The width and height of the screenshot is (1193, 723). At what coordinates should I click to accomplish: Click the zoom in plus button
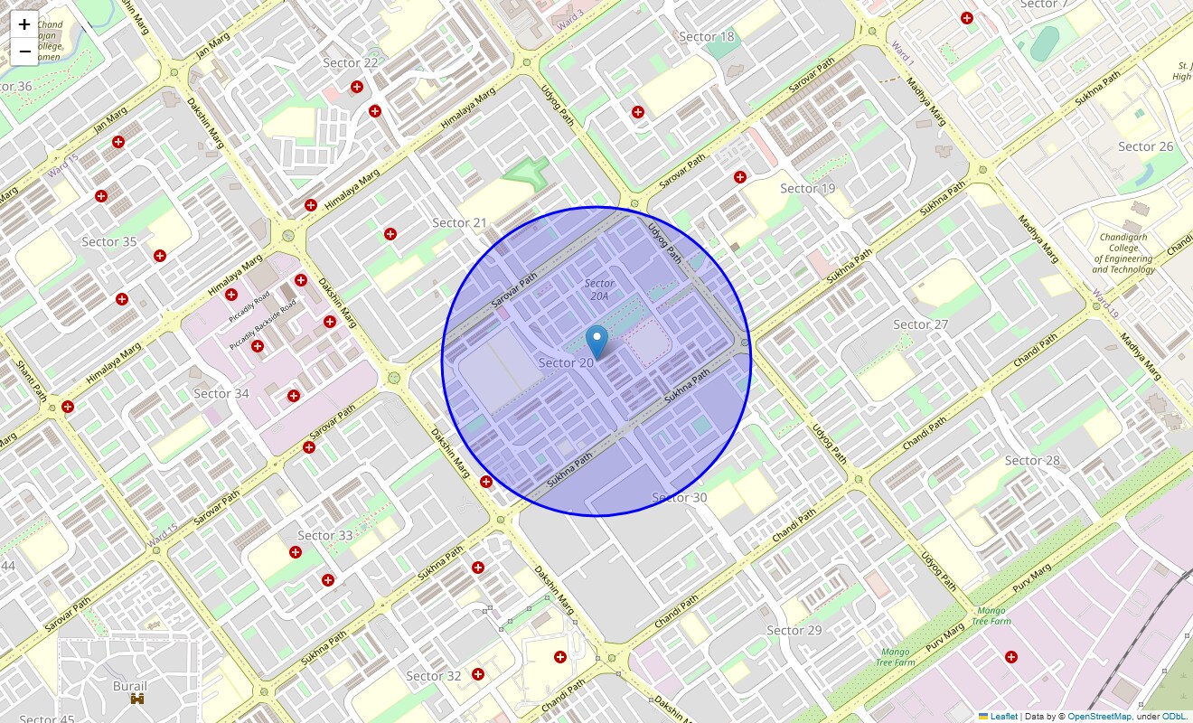pos(24,24)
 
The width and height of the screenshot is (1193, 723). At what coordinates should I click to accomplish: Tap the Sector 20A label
pos(599,289)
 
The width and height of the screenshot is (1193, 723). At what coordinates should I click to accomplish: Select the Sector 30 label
pos(679,498)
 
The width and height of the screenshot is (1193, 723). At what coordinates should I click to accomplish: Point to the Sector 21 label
pos(459,223)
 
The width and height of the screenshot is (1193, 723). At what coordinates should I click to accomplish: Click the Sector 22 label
pos(351,62)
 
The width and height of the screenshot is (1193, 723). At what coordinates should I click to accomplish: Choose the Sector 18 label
pos(707,37)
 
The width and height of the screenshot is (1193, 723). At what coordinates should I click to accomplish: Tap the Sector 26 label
pos(1145,146)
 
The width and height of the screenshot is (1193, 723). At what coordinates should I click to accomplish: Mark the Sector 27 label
pos(920,324)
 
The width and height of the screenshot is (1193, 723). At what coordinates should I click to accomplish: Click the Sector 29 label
pos(794,630)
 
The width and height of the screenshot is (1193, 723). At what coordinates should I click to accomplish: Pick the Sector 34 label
pos(221,393)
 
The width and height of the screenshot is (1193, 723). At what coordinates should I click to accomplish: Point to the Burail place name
pos(130,686)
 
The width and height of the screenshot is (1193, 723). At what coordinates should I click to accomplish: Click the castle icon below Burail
pos(137,699)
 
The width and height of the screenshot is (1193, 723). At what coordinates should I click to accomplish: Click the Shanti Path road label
pos(31,380)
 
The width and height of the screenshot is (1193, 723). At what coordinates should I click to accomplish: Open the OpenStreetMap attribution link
pos(1099,717)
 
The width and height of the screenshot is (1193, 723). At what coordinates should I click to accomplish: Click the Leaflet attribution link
pos(1003,717)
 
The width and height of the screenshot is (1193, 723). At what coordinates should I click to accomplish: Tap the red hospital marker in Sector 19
pos(740,177)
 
